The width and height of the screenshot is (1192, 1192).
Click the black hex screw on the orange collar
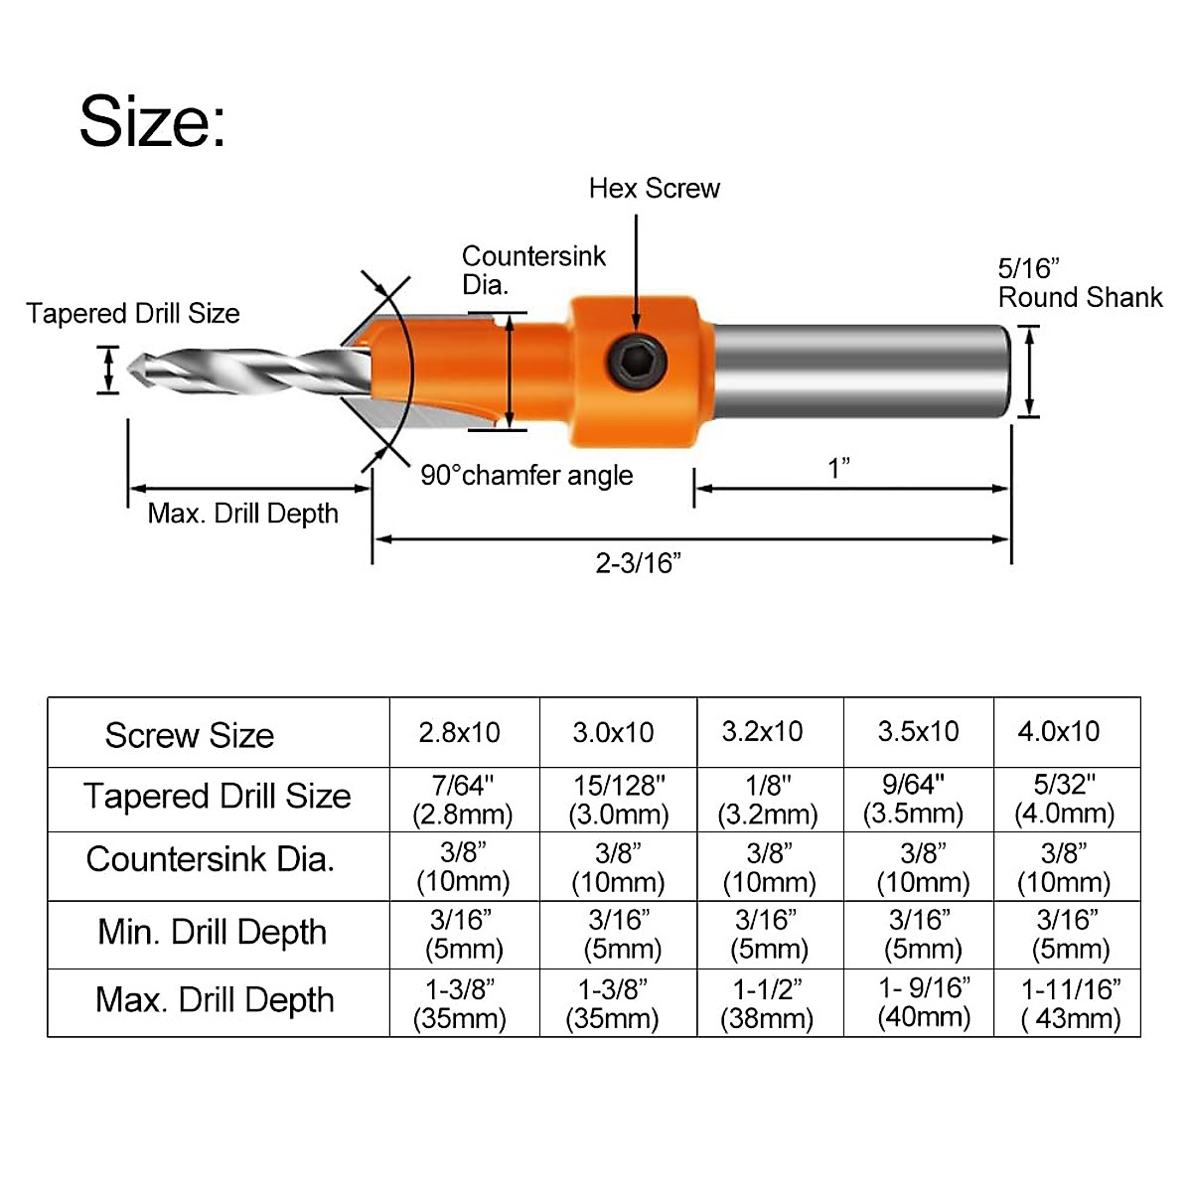(636, 356)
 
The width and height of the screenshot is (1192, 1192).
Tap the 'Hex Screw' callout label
(654, 189)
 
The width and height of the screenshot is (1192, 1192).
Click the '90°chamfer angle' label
(526, 476)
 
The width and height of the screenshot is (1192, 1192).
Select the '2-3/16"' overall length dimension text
(639, 563)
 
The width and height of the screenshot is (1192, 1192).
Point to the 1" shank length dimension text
(839, 468)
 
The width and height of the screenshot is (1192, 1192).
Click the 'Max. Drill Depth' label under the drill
(243, 514)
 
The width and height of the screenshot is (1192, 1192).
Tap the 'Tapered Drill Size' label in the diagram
(133, 314)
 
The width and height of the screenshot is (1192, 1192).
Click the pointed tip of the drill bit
(127, 369)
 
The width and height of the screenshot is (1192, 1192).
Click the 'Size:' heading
(153, 121)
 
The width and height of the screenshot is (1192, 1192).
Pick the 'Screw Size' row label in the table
(189, 735)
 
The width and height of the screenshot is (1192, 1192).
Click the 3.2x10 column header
(762, 732)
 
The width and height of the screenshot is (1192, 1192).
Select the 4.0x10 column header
(1059, 732)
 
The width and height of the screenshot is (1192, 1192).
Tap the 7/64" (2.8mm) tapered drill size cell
(463, 800)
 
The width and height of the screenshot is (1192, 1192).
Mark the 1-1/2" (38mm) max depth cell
(769, 1003)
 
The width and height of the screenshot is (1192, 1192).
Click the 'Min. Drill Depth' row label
(213, 933)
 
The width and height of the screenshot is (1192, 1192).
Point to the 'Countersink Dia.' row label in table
(211, 859)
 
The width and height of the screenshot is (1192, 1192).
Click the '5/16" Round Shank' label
(1079, 284)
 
